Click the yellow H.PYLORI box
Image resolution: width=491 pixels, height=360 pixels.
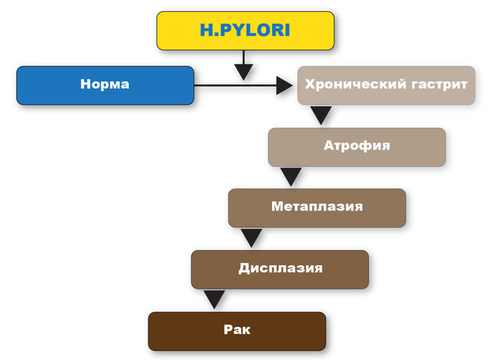(x=245, y=32)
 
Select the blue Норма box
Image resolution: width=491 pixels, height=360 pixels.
(x=105, y=85)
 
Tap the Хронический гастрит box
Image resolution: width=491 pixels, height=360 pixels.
(x=385, y=85)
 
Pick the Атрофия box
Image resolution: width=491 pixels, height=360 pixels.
(x=356, y=147)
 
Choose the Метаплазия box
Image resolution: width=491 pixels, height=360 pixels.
(x=317, y=208)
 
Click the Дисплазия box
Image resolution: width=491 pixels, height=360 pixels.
(x=280, y=269)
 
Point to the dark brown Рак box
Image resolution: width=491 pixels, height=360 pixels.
(x=237, y=331)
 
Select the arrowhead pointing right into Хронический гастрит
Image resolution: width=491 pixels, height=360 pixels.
(x=284, y=86)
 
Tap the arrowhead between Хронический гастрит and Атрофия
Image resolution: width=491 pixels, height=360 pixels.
(x=321, y=114)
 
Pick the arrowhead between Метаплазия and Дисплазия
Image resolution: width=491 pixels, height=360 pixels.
(x=251, y=237)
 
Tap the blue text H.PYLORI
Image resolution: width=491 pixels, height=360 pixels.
(x=245, y=32)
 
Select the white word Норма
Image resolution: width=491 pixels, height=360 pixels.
(x=105, y=85)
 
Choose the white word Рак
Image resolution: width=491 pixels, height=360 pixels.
(x=237, y=330)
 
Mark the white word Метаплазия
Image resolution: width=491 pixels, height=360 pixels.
(x=317, y=207)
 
